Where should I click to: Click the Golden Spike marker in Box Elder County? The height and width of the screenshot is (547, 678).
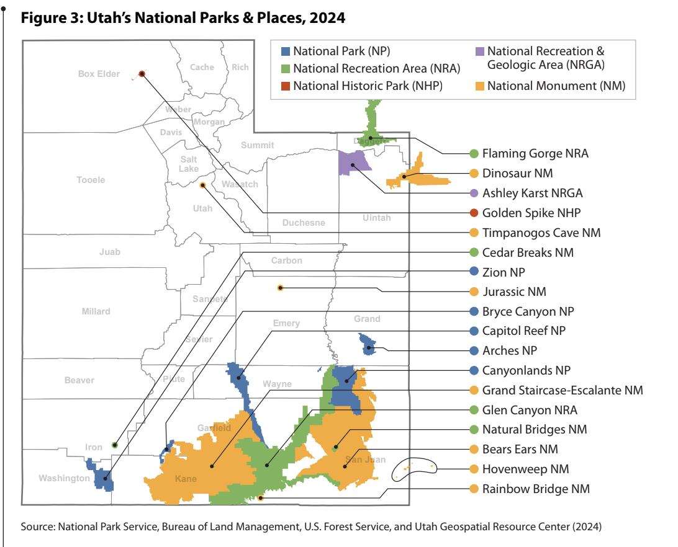tap(142, 74)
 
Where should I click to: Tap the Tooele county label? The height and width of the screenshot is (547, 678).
tap(91, 180)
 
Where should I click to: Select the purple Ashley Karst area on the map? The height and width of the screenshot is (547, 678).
tap(351, 163)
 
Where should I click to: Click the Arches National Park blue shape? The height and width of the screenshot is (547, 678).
tap(368, 344)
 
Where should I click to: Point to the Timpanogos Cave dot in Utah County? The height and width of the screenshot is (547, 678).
tap(202, 185)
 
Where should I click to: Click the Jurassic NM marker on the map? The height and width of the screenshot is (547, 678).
tap(280, 288)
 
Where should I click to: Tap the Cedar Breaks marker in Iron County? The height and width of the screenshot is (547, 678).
tap(114, 445)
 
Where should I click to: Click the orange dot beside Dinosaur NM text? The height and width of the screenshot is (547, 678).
tap(474, 174)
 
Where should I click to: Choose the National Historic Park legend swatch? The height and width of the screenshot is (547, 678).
tap(286, 86)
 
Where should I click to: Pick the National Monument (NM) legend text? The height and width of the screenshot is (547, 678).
tap(556, 86)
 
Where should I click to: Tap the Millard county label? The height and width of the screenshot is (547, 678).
tap(96, 311)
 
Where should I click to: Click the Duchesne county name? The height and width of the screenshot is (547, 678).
tap(304, 223)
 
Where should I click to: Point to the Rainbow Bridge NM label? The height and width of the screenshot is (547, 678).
tap(535, 489)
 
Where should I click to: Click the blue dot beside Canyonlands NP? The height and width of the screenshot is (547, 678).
tap(474, 371)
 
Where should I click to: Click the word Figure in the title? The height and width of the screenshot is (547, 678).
tap(40, 19)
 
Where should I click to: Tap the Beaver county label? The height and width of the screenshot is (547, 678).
tap(79, 380)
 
